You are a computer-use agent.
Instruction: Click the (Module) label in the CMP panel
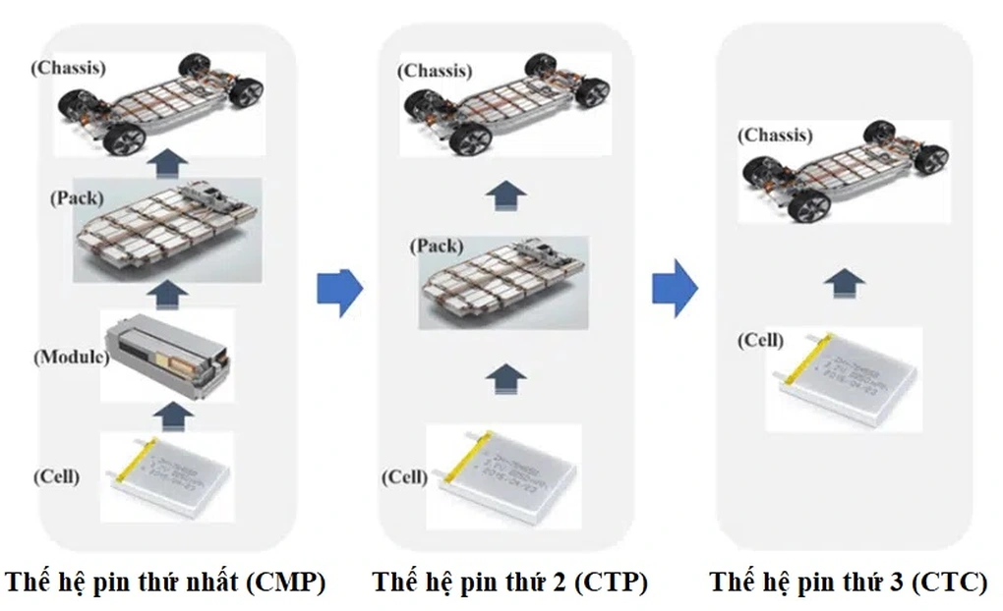70,357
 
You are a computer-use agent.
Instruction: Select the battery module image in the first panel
168,355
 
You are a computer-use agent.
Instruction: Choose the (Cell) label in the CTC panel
761,340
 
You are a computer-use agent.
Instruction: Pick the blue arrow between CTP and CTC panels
675,291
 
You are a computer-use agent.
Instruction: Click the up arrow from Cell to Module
168,414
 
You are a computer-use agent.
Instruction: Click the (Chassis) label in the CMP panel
69,69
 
